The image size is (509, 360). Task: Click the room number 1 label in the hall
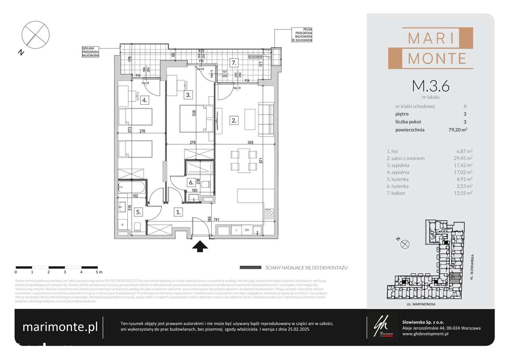pyautogui.click(x=179, y=212)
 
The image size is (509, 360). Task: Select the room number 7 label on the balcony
pyautogui.click(x=234, y=62)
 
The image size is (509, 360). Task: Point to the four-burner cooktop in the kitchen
pyautogui.click(x=269, y=213)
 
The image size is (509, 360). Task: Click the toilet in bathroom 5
pyautogui.click(x=136, y=227)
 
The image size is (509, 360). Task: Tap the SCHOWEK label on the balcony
pyautogui.click(x=256, y=56)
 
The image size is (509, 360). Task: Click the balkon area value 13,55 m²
pyautogui.click(x=464, y=193)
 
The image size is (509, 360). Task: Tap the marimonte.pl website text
pyautogui.click(x=60, y=327)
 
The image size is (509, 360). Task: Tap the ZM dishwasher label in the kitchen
pyautogui.click(x=247, y=230)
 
